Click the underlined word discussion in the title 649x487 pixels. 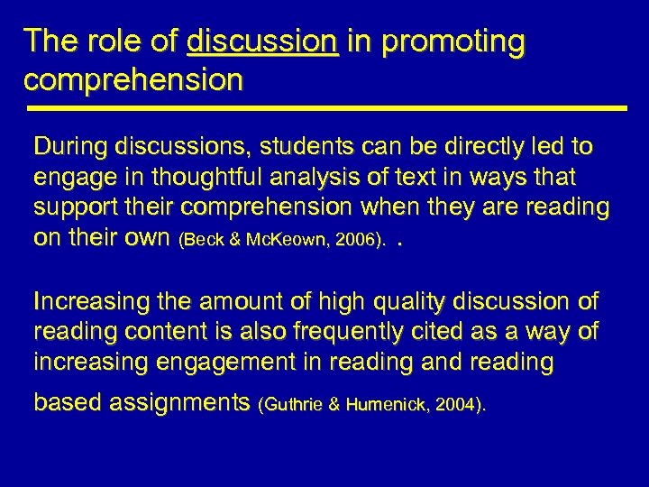click(262, 41)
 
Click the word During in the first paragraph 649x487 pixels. click(70, 146)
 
